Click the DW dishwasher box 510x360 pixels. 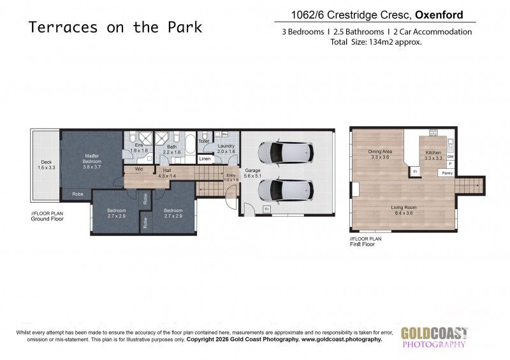[x=450, y=157]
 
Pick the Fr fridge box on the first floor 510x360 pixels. [x=415, y=172]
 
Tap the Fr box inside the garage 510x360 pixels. [x=266, y=208]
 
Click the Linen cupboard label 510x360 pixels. [x=205, y=159]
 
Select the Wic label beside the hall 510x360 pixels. [x=139, y=169]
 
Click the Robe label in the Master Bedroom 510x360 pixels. [x=77, y=194]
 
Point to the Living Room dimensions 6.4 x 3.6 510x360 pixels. [x=404, y=213]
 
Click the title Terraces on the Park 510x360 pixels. [x=115, y=27]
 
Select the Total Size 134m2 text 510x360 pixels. [x=376, y=42]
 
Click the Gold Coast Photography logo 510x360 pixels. [x=434, y=337]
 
